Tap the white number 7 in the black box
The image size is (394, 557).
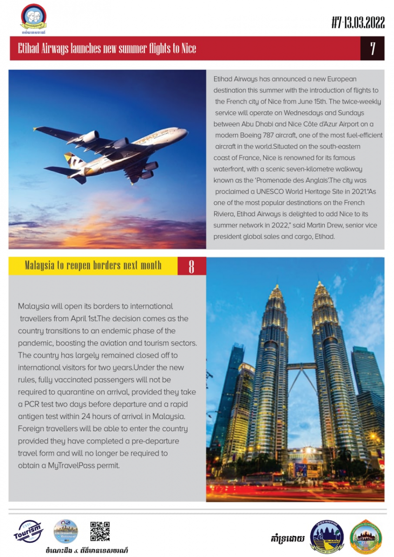click(x=373, y=48)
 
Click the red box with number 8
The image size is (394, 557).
click(x=191, y=266)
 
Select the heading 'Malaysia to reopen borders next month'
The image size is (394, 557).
click(x=93, y=266)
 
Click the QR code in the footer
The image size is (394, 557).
click(x=100, y=532)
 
